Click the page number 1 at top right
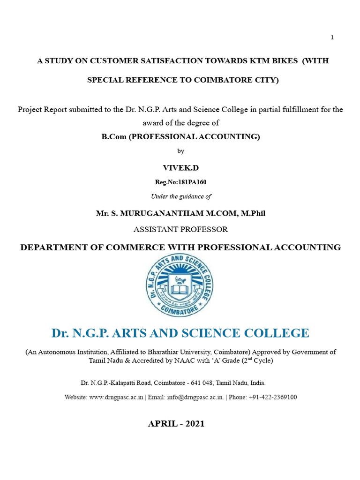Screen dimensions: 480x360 click(332, 37)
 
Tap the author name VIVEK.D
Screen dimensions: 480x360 click(180, 167)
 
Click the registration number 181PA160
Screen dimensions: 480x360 click(190, 182)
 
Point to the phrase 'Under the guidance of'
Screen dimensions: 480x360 click(181, 196)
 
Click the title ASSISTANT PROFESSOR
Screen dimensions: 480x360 click(180, 230)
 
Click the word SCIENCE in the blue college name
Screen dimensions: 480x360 click(216, 333)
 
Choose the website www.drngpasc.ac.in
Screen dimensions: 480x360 click(116, 397)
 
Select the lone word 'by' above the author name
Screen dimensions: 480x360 click(180, 151)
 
